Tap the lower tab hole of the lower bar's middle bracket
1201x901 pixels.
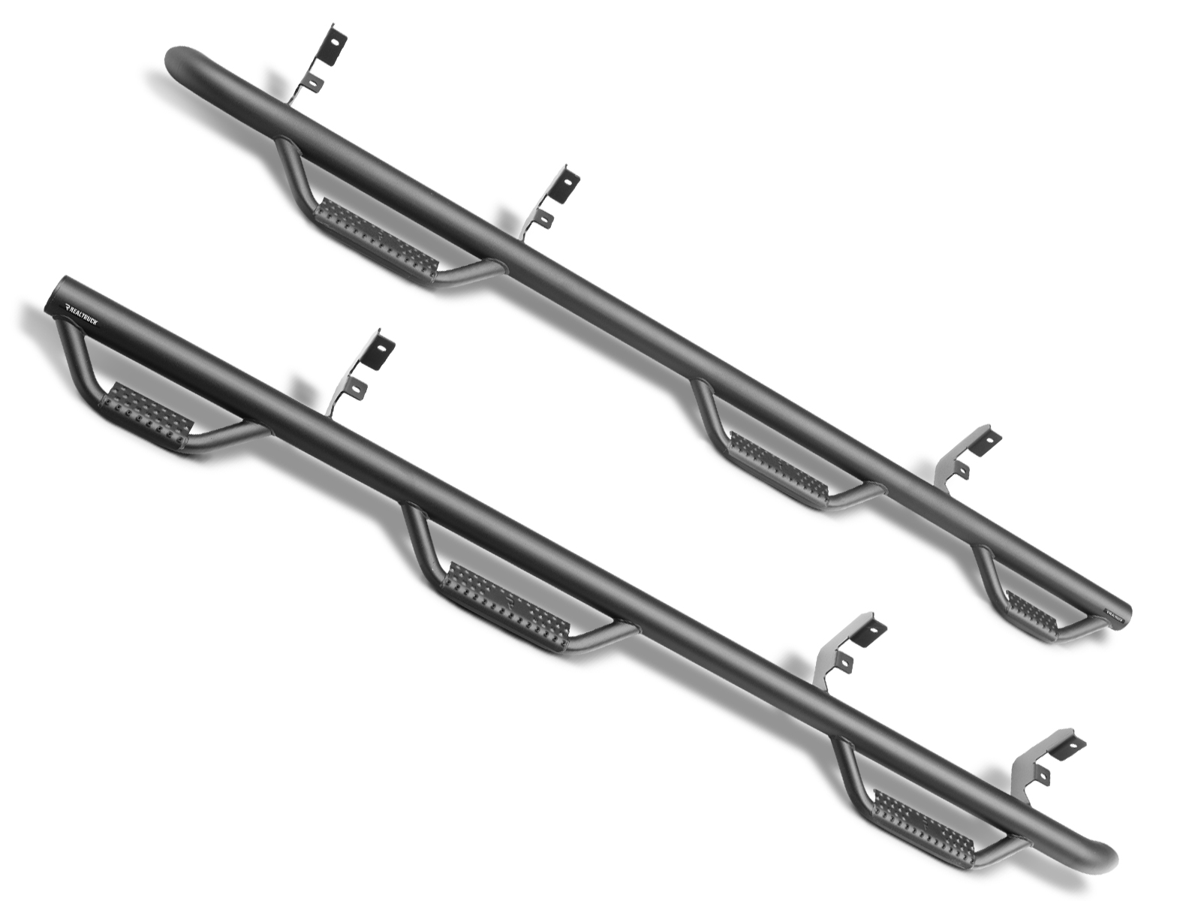tap(845, 663)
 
